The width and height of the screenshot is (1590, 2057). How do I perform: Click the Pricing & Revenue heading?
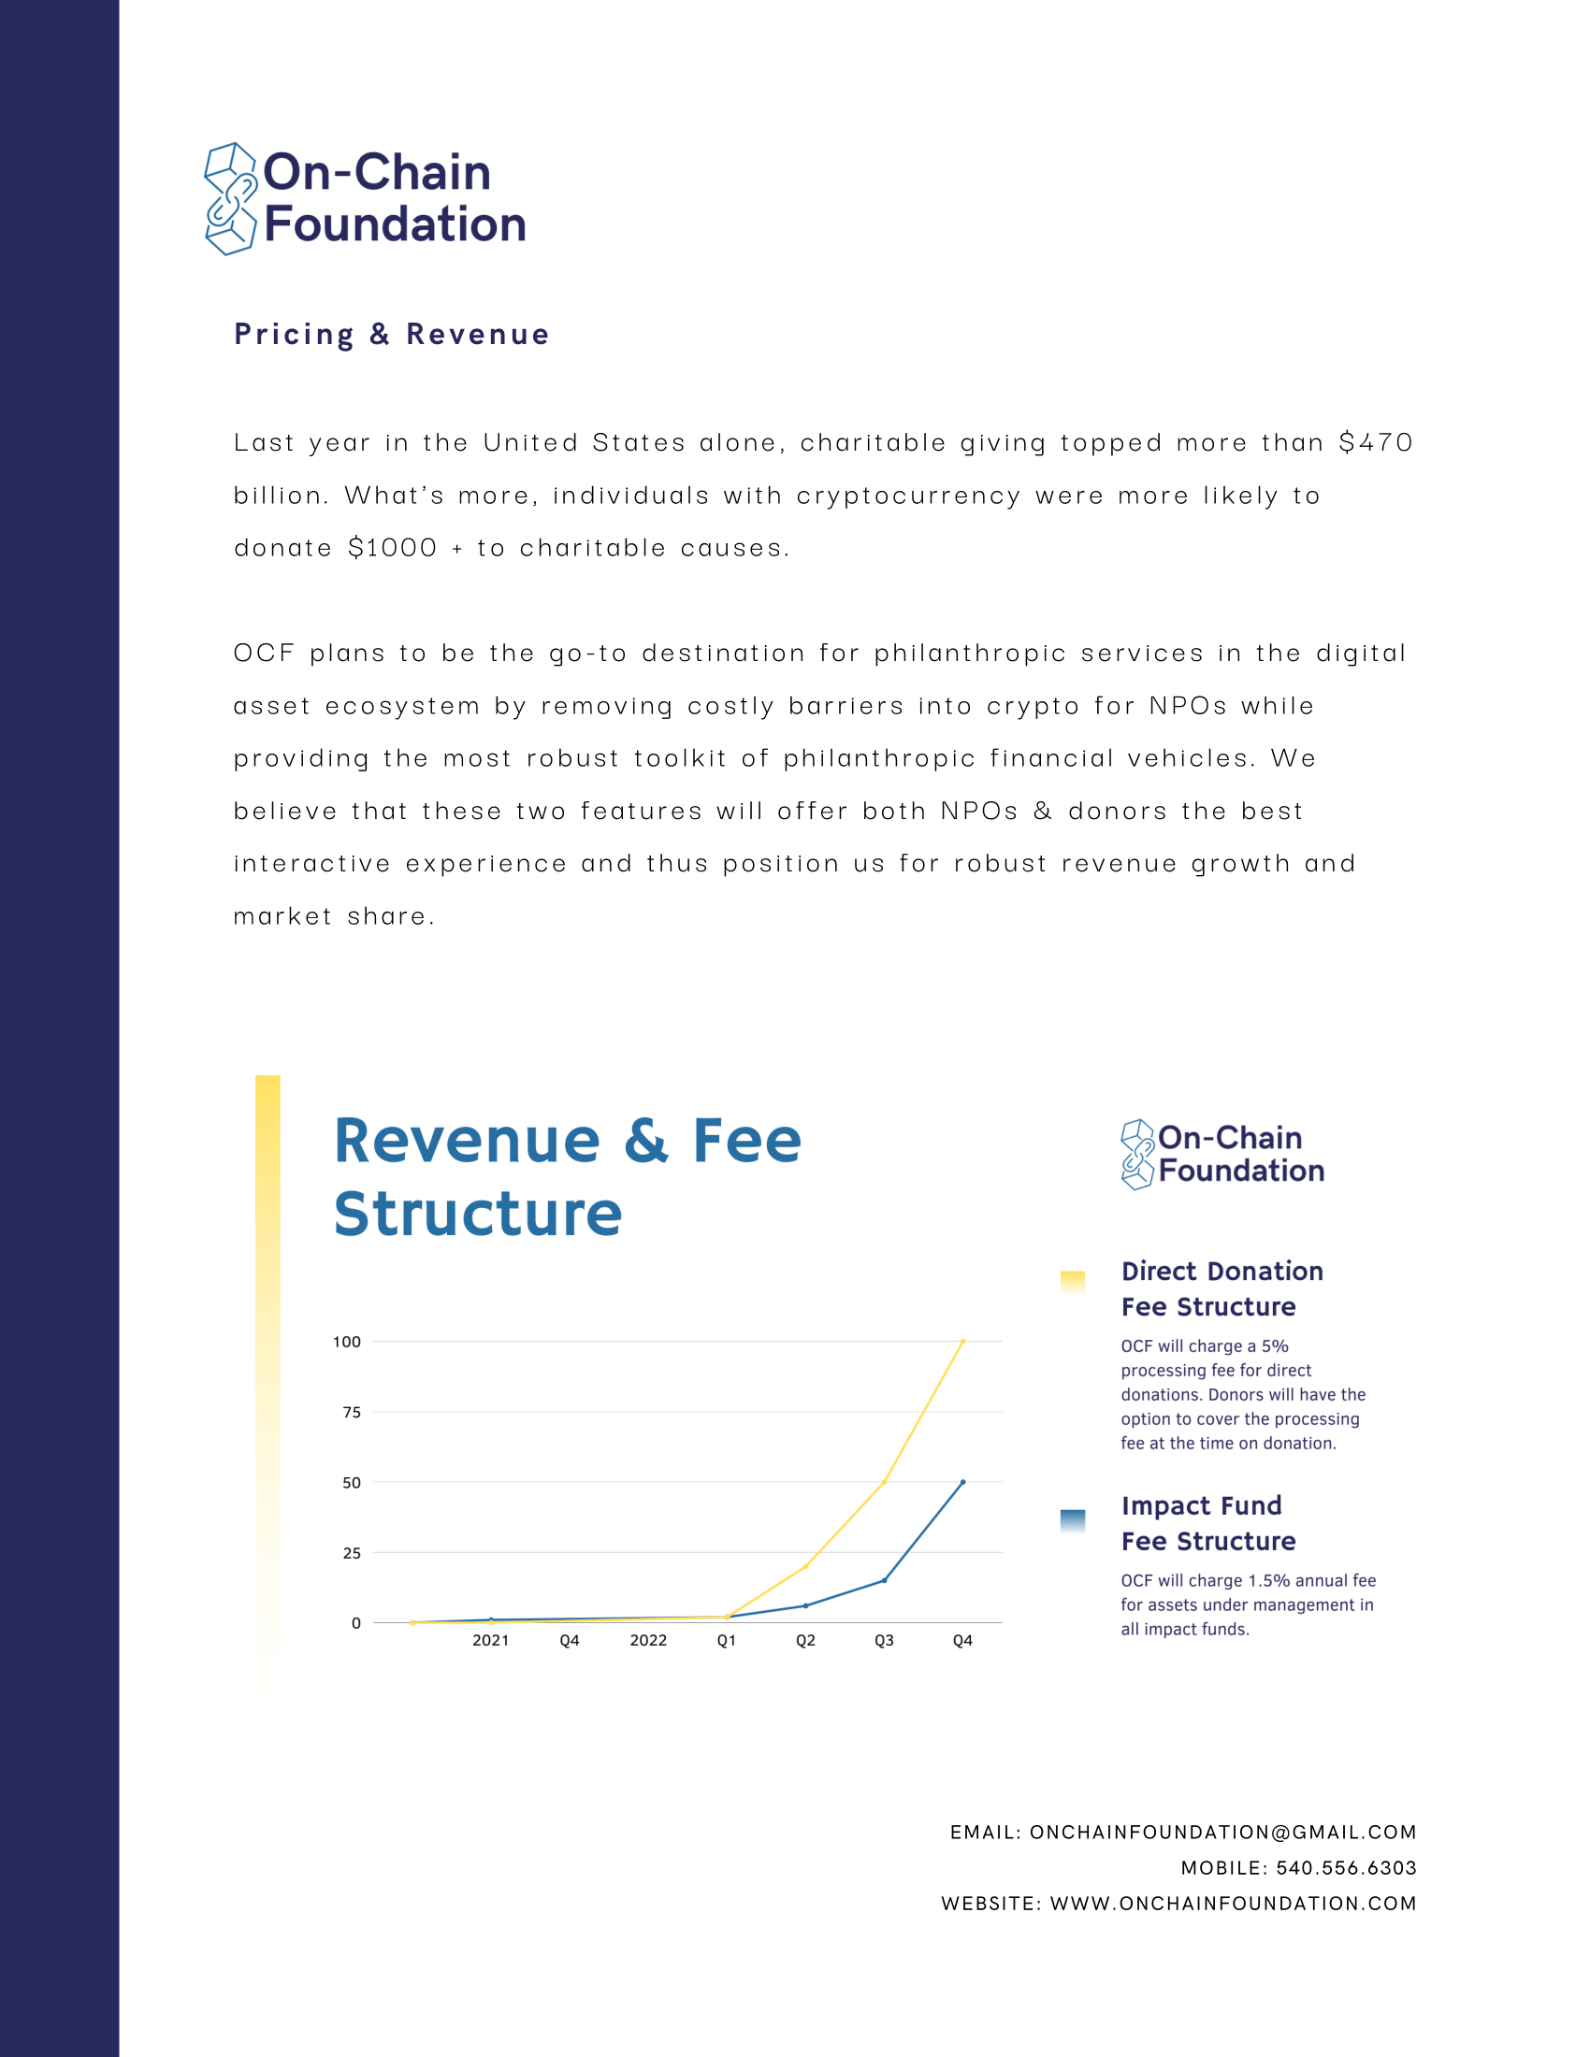tap(391, 335)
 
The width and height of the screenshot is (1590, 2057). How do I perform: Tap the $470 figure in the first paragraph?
tap(1375, 442)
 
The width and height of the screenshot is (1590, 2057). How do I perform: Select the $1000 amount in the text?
tap(392, 548)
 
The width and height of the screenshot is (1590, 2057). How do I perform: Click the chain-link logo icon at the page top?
tap(231, 199)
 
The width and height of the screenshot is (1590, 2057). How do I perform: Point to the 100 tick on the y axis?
tap(347, 1341)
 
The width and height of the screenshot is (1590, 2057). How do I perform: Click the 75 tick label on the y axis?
tap(352, 1412)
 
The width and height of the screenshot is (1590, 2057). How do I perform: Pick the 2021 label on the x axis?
tap(491, 1641)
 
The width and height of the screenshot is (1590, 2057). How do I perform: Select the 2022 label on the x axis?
tap(648, 1641)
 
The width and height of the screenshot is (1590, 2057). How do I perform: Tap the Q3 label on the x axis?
tap(884, 1641)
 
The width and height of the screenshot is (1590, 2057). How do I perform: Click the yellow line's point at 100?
tap(962, 1341)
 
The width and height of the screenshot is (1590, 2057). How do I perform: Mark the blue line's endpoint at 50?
tap(962, 1482)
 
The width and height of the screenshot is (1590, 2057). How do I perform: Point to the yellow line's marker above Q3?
tap(884, 1483)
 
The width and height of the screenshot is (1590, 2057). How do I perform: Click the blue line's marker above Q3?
tap(884, 1580)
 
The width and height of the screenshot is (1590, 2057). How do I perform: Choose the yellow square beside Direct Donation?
tap(1072, 1281)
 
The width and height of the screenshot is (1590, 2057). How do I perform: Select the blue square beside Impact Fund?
tap(1072, 1519)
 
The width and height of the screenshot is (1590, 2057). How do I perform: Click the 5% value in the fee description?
tap(1275, 1346)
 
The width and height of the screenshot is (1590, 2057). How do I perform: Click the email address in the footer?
tap(1222, 1832)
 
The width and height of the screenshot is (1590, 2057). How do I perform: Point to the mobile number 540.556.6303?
tap(1346, 1868)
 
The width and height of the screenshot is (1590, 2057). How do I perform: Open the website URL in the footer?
tap(1233, 1904)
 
